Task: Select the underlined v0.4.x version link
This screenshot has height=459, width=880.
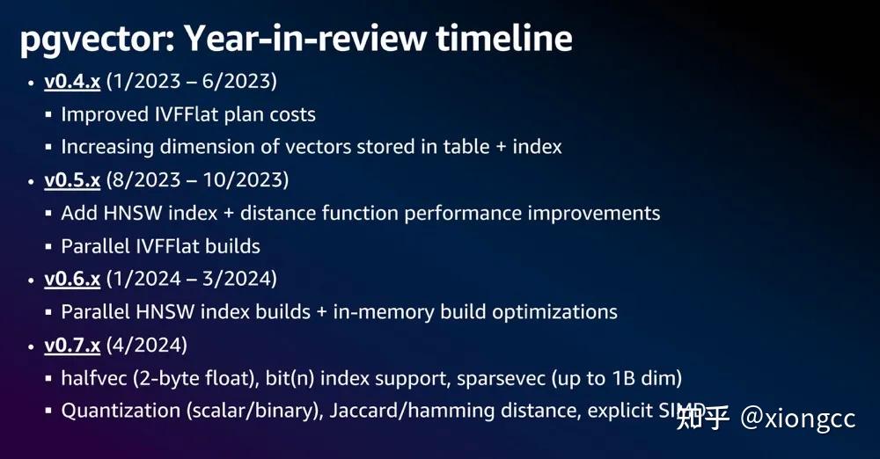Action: point(72,82)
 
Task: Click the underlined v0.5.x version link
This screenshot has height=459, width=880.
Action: point(72,180)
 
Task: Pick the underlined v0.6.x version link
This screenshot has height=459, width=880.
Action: point(72,280)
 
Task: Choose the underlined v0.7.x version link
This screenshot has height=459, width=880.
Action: point(72,345)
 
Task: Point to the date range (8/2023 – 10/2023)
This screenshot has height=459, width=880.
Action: point(197,180)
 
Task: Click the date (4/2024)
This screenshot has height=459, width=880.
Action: point(146,345)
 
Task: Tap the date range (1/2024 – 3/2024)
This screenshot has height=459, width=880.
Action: point(191,279)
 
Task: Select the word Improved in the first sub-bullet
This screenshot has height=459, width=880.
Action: point(105,115)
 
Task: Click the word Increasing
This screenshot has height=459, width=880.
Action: point(107,148)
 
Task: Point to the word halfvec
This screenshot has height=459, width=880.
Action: point(94,377)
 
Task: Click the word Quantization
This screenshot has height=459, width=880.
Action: point(121,411)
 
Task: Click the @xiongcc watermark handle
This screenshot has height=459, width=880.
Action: point(797,419)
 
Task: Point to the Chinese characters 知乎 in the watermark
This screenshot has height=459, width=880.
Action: point(703,418)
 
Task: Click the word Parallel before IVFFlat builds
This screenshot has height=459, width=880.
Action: point(95,246)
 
